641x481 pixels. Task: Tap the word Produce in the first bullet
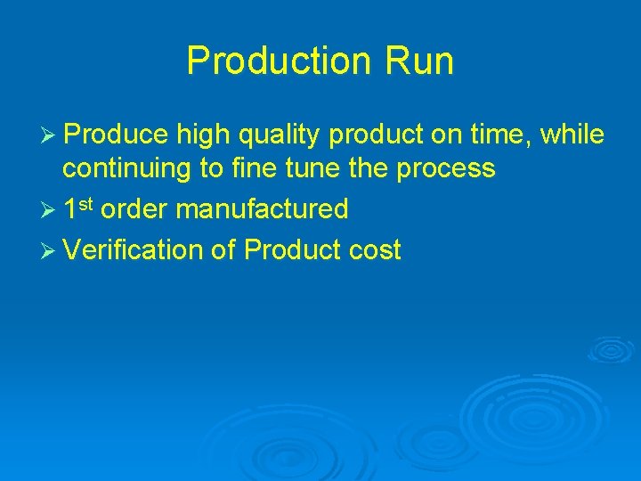116,135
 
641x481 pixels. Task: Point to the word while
572,135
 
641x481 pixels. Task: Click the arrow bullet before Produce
49,135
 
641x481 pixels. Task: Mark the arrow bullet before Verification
49,251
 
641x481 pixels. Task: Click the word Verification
134,249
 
